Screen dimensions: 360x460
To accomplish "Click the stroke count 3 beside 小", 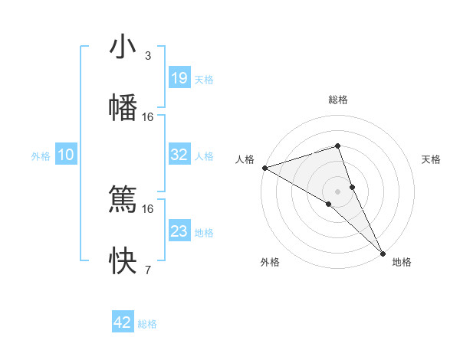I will coord(148,56).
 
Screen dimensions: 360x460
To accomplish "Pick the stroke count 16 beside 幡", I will coord(148,116).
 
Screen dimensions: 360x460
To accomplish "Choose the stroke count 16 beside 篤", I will coord(148,208).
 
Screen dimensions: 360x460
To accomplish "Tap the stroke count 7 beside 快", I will coord(148,270).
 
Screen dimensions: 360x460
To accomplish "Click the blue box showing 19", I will coord(179,78).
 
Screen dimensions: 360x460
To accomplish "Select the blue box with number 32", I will coord(179,155).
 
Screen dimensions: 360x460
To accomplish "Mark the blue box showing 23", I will coord(179,231).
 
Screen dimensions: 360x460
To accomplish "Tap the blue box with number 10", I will coord(66,155).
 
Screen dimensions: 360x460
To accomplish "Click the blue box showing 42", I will coord(123,322).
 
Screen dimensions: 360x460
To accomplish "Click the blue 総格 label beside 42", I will coord(147,324).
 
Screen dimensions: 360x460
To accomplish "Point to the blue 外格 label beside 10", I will coord(41,156).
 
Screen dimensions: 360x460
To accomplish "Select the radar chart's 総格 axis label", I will coord(337,100).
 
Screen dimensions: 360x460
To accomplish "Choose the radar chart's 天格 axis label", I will coord(432,159).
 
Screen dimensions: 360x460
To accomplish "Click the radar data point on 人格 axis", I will coord(264,168).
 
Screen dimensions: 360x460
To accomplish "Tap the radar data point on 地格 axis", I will coord(383,252).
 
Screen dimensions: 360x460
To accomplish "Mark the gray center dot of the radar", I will coord(337,191).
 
